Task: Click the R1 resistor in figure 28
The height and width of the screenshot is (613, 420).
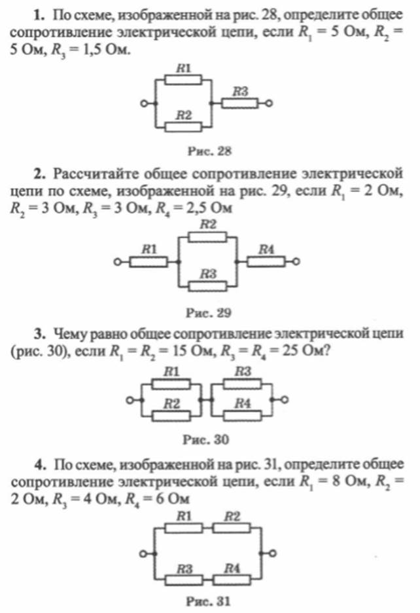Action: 183,80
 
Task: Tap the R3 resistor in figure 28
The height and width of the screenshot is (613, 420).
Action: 240,103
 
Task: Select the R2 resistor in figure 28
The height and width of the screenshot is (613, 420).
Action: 183,127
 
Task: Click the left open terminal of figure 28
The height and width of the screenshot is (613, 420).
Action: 144,103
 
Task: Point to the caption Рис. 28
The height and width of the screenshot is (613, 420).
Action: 209,151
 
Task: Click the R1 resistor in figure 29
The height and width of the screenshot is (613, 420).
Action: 149,261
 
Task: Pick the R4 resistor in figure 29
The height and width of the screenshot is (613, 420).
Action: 266,261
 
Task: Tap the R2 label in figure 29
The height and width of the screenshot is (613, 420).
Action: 208,225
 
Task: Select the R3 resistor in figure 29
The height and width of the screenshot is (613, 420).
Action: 207,286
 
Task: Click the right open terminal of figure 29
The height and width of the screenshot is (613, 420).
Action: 296,261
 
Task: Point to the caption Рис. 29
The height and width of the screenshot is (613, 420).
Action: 209,313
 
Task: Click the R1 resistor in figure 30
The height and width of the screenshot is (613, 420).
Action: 171,384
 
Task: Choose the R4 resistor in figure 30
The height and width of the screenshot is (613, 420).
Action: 242,416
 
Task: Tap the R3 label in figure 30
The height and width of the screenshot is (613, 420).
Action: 243,371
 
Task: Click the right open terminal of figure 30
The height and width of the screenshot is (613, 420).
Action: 285,399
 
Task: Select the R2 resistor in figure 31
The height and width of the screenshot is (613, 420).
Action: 232,529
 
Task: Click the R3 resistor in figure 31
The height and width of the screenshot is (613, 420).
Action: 184,580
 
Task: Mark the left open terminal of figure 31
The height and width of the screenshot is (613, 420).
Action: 143,553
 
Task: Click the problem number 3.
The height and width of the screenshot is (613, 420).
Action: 39,334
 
